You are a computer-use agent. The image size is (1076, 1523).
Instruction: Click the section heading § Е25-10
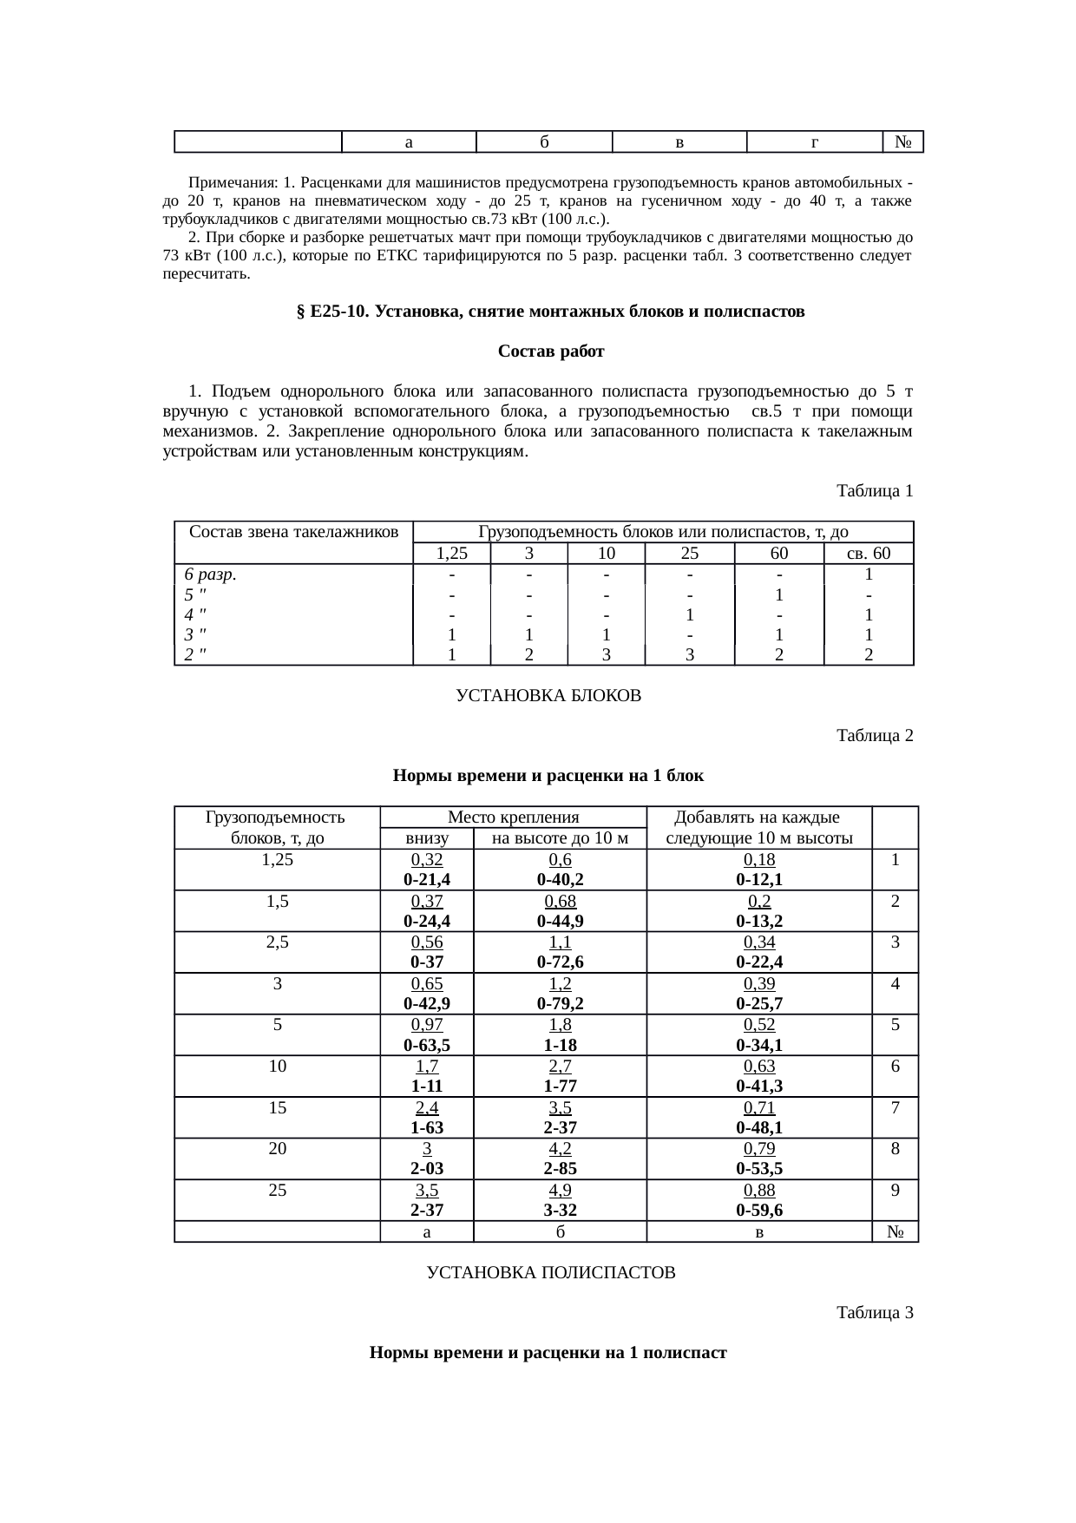(550, 311)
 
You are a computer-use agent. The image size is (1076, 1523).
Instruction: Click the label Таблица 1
(874, 491)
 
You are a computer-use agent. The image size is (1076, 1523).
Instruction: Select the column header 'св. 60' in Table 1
(868, 554)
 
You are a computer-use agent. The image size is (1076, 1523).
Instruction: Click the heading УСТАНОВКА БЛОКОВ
(548, 696)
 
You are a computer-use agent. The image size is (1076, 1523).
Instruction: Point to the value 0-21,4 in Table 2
(426, 880)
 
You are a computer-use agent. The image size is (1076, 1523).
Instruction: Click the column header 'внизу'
(426, 838)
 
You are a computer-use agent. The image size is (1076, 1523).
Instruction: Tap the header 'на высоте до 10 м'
(560, 838)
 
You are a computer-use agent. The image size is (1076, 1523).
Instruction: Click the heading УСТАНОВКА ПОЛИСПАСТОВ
(550, 1273)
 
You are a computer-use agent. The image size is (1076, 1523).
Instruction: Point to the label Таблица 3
(874, 1313)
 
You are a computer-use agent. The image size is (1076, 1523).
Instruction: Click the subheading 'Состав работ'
(550, 351)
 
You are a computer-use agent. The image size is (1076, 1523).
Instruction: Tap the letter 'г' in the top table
(814, 141)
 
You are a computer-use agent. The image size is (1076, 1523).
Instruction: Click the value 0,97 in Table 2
(426, 1025)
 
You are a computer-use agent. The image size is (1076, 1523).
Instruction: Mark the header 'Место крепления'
(513, 817)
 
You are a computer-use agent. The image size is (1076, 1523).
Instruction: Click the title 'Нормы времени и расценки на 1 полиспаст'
(548, 1353)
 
